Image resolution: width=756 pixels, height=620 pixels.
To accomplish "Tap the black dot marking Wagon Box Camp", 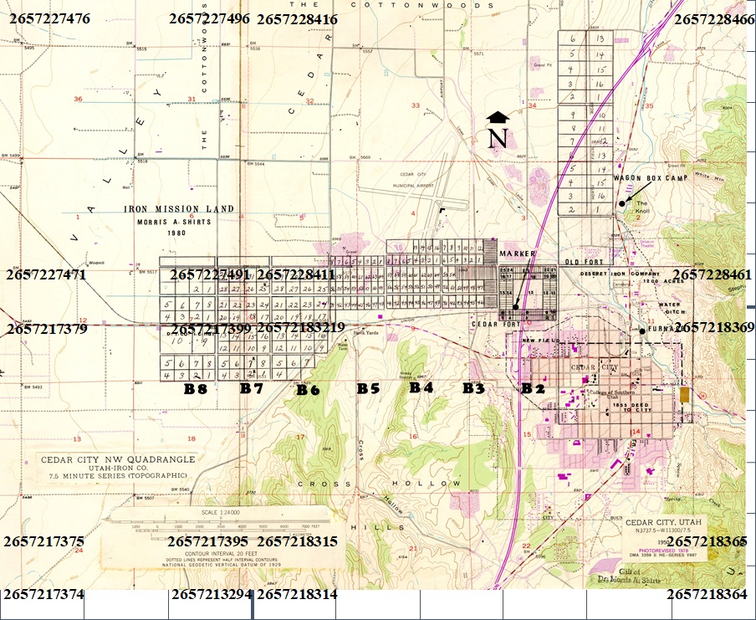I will click(x=621, y=203).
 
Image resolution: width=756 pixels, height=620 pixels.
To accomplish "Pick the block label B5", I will click(x=369, y=388).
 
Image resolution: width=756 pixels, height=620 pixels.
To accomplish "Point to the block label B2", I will click(x=533, y=388).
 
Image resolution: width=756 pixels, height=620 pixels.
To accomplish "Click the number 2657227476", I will click(x=49, y=18).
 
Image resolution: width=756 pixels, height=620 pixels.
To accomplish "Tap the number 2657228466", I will click(x=713, y=18).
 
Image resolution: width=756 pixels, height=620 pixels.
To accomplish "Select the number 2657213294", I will click(x=212, y=595).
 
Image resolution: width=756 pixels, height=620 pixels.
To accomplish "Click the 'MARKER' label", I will click(x=516, y=253).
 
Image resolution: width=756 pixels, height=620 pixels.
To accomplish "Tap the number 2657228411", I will click(x=296, y=274).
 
